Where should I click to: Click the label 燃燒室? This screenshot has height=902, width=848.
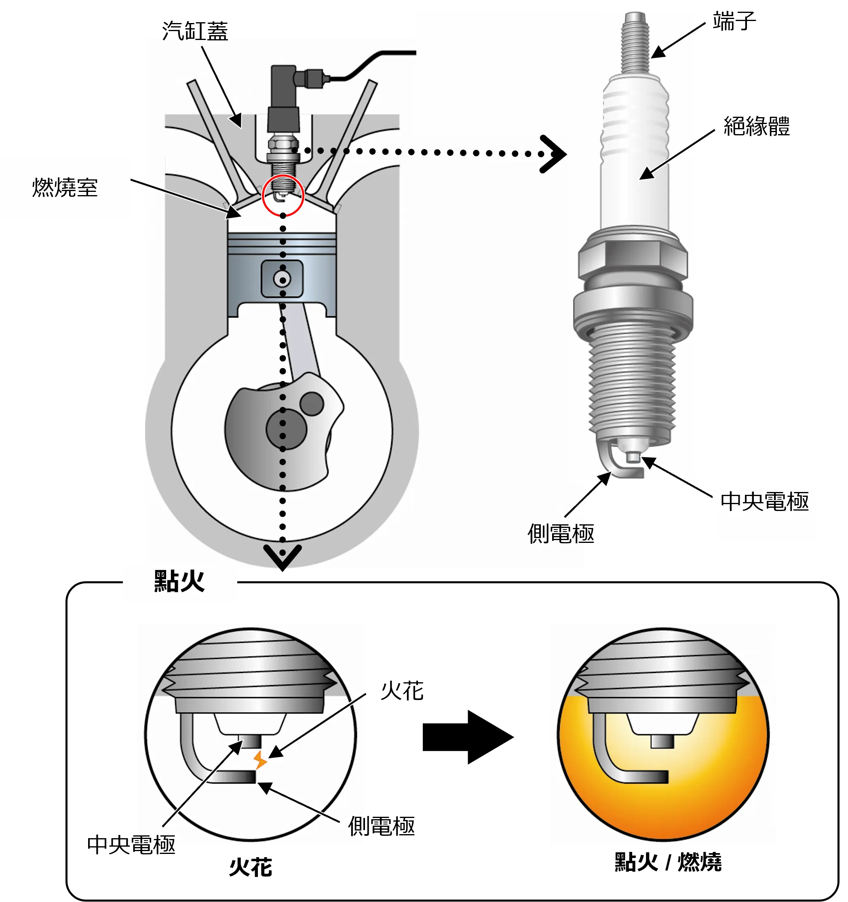[65, 187]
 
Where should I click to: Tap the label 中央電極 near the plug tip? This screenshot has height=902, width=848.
[764, 502]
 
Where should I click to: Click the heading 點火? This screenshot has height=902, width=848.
[179, 581]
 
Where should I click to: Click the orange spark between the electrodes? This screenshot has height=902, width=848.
[259, 759]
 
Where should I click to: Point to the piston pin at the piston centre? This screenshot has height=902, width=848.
[282, 279]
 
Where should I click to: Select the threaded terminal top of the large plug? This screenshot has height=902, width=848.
[635, 41]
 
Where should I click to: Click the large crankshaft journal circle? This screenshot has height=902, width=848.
[287, 428]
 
